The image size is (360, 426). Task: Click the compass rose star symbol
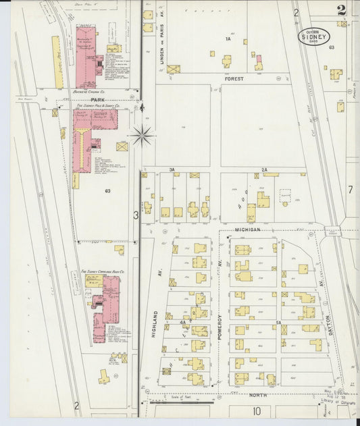142,135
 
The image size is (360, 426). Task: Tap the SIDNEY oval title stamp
315,36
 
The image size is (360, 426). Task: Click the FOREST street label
234,78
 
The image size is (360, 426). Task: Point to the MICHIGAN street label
247,230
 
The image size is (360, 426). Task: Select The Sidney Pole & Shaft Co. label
97,106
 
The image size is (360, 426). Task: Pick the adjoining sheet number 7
350,190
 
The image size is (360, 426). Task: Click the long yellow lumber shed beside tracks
57,61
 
